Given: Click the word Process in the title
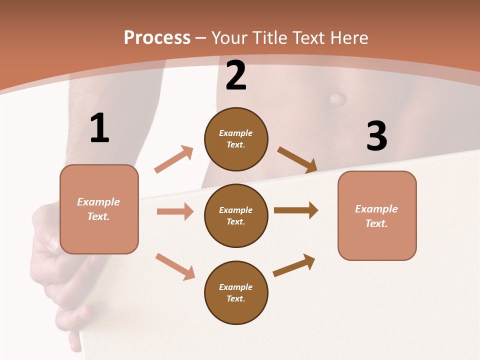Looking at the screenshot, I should [157, 38].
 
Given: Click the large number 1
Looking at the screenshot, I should [99, 128].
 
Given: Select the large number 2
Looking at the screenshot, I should [236, 76].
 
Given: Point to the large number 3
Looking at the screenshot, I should [376, 136].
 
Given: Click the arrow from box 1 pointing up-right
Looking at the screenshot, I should [174, 159].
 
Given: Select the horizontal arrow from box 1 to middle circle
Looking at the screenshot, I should [175, 211].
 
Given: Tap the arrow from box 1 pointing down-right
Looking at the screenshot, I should [175, 266].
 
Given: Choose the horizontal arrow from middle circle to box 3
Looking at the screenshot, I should [296, 210].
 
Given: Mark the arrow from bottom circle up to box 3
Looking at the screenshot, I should [294, 265].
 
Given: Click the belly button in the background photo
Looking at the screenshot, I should [337, 98].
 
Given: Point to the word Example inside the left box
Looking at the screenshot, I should [98, 202].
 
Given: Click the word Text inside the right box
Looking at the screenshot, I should [376, 223].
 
